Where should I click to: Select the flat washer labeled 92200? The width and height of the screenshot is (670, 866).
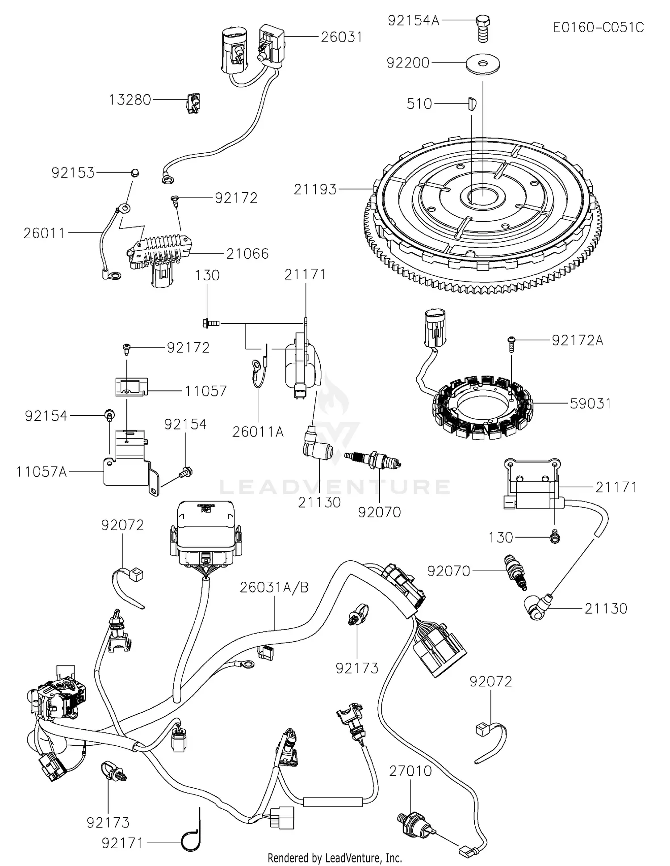482,63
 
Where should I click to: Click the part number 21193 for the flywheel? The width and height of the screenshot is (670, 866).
315,189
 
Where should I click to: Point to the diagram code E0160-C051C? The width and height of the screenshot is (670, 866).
598,28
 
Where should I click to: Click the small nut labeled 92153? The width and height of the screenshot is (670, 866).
134,173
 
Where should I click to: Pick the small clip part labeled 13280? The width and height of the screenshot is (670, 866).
193,104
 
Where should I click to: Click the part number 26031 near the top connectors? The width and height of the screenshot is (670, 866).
341,37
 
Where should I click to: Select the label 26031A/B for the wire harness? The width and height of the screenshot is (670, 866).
274,587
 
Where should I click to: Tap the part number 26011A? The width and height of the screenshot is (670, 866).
258,432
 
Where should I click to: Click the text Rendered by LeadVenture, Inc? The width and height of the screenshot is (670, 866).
335,858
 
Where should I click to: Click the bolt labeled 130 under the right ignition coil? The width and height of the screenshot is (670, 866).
555,538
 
